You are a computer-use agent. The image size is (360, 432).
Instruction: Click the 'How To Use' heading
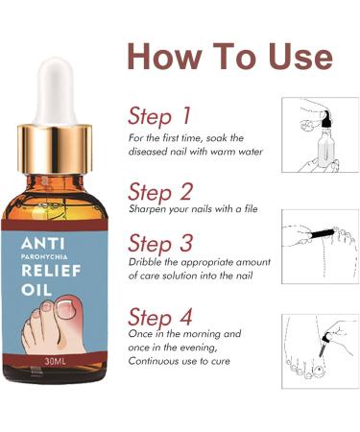pos(229,56)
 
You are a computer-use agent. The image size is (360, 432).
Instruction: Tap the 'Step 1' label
pos(158,116)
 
